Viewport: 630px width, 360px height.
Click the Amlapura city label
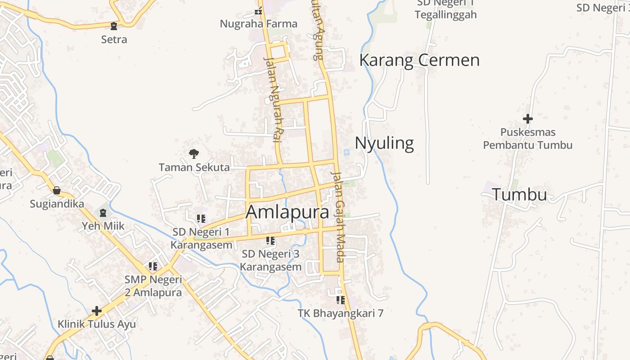[x=288, y=212]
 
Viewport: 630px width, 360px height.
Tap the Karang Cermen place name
[x=419, y=60]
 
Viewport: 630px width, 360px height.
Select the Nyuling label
[x=384, y=143]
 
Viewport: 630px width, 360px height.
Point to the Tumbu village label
[x=519, y=195]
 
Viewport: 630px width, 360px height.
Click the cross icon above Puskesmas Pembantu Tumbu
[x=528, y=119]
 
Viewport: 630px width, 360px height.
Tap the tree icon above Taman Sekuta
[x=194, y=154]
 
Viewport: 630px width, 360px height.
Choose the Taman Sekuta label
[x=194, y=167]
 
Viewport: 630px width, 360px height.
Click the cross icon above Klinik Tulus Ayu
[x=97, y=310]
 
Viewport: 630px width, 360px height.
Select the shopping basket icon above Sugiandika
[x=57, y=190]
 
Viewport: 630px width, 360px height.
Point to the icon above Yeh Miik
[x=103, y=212]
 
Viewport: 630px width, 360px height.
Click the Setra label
[x=114, y=40]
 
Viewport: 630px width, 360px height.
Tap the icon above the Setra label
[x=114, y=26]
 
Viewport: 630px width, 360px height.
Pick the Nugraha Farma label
[x=258, y=23]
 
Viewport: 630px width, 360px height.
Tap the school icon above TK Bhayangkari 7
[x=341, y=300]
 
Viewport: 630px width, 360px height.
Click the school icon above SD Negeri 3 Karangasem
[x=270, y=241]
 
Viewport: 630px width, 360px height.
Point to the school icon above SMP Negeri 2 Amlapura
[x=153, y=266]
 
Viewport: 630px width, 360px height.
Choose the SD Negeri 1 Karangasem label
[x=201, y=238]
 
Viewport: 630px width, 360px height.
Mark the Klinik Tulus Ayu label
[x=97, y=324]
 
